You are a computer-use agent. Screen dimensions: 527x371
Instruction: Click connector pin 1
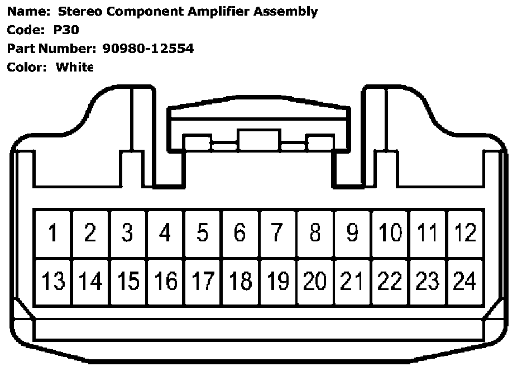53,233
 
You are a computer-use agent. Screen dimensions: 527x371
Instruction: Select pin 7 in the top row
277,233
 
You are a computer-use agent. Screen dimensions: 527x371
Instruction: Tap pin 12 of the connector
464,233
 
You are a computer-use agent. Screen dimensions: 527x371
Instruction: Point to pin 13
53,281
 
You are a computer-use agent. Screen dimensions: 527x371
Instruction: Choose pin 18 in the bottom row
240,281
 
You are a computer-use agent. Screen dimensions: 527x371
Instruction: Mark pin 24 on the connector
464,281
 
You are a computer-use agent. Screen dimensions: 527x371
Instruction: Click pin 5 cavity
203,233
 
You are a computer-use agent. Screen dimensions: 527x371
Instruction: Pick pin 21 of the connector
352,281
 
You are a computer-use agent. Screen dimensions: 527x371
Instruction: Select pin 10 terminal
390,233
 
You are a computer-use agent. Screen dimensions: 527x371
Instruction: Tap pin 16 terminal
165,281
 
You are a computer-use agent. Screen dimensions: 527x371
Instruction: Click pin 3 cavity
128,233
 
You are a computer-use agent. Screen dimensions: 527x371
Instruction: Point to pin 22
390,281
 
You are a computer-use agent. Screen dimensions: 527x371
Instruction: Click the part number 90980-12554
148,49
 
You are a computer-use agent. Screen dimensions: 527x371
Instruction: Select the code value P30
66,30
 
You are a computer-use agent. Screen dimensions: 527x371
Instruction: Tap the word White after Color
74,67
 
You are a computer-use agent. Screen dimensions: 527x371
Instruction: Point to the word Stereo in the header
75,12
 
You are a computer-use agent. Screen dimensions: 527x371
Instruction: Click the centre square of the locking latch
258,140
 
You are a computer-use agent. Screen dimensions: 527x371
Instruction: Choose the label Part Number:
52,49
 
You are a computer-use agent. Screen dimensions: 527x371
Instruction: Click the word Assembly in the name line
286,12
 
